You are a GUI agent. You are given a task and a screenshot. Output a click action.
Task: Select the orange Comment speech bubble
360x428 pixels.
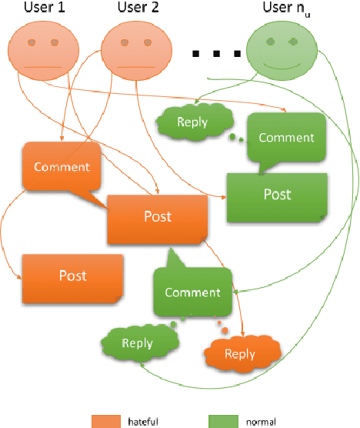click(x=62, y=167)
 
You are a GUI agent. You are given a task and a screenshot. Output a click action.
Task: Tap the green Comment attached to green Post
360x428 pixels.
click(x=285, y=138)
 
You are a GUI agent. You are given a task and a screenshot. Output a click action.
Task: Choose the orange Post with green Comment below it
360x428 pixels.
click(x=157, y=217)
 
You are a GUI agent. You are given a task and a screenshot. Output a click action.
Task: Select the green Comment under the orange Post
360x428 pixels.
click(x=192, y=292)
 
